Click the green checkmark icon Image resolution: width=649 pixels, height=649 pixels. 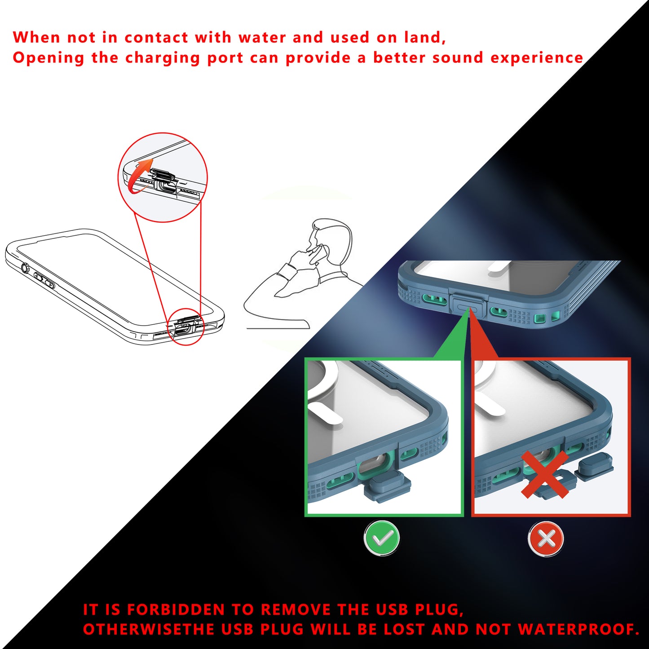382,538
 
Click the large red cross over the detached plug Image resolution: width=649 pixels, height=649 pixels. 545,475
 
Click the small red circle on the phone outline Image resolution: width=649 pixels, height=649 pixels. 185,327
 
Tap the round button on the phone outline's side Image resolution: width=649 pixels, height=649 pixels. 25,268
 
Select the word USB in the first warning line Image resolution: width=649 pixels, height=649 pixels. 392,609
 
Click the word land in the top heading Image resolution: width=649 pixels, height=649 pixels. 424,38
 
